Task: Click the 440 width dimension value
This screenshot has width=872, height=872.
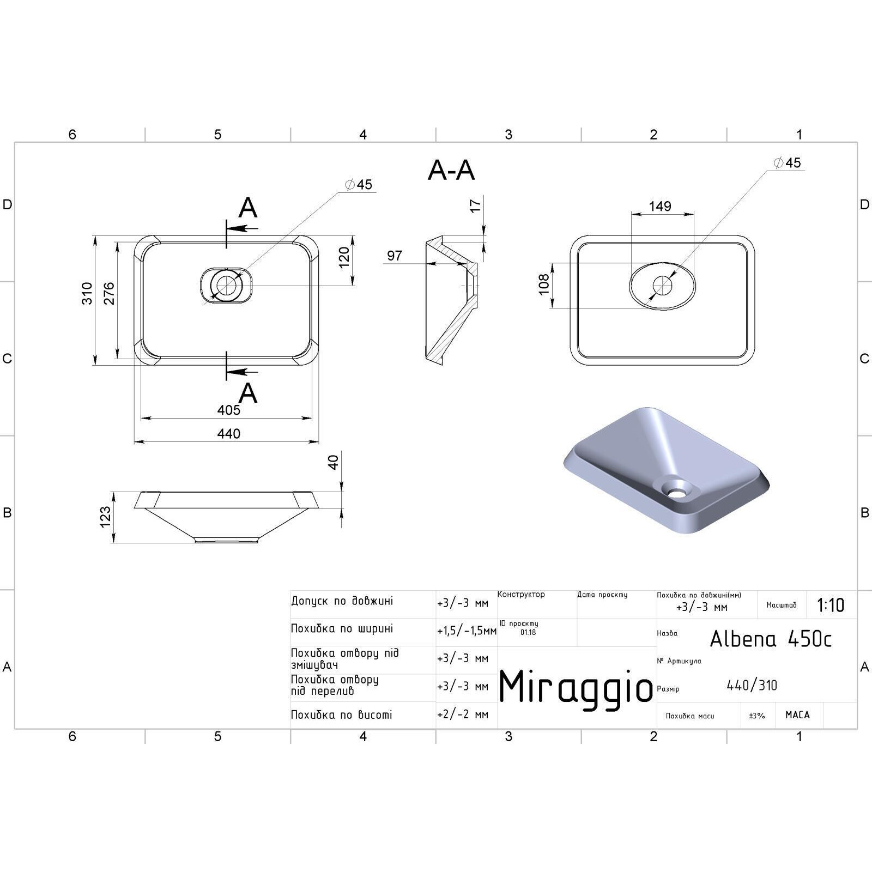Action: tap(229, 433)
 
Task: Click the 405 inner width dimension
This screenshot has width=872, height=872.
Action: tap(229, 410)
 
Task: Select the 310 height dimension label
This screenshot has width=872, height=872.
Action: tap(87, 293)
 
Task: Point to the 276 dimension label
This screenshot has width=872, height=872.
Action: tap(109, 293)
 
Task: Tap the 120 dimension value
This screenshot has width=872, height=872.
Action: tap(343, 258)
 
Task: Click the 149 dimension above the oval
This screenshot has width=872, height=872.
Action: tap(660, 206)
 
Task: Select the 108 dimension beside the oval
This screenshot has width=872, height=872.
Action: tap(544, 284)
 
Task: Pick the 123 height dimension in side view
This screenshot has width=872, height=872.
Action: tap(105, 517)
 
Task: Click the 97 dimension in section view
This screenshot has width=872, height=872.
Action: tap(395, 255)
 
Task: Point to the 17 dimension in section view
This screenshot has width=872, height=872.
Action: tap(476, 206)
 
